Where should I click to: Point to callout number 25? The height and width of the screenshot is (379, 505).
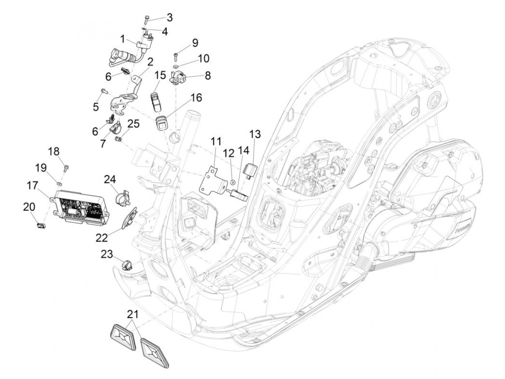pyautogui.click(x=133, y=124)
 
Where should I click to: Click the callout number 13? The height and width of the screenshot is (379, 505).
pyautogui.click(x=255, y=134)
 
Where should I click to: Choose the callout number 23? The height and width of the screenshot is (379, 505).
pyautogui.click(x=107, y=254)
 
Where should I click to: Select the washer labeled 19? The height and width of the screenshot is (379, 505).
pyautogui.click(x=59, y=184)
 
